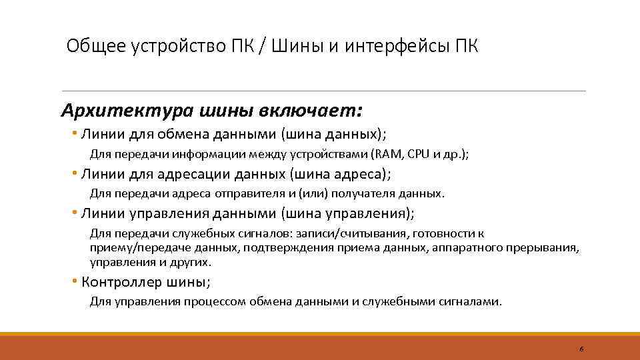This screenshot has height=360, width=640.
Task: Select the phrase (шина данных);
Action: (x=334, y=134)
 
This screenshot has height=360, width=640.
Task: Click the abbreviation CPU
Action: (x=419, y=154)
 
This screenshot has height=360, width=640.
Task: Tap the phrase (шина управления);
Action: (x=347, y=214)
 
